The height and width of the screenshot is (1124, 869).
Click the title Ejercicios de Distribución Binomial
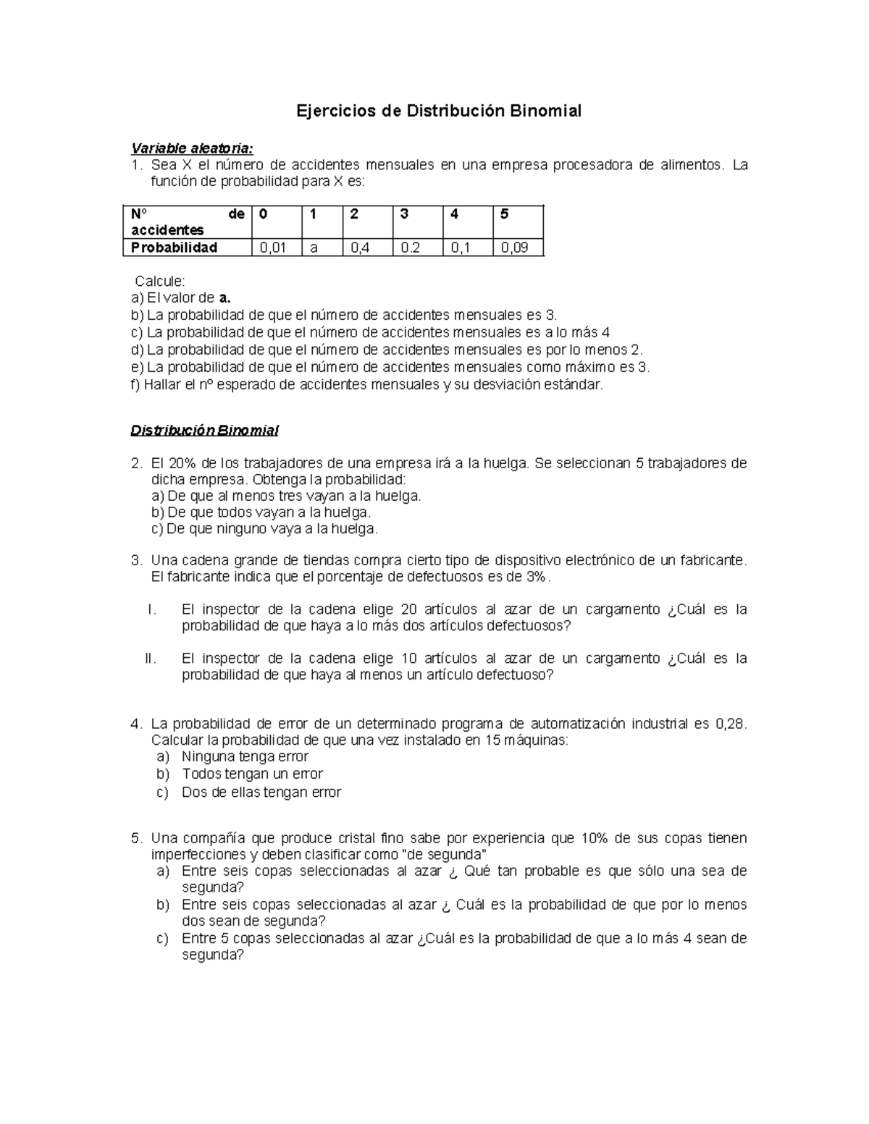439,111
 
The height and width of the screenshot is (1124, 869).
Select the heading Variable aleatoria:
192,148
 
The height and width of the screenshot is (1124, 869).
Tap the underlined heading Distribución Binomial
204,431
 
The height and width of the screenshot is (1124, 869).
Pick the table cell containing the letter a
314,248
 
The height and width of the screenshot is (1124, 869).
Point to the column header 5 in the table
505,214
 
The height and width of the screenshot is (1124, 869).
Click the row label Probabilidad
175,248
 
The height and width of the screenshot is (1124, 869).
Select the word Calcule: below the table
160,281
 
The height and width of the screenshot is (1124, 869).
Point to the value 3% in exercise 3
536,577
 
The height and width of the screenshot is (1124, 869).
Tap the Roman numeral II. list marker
151,659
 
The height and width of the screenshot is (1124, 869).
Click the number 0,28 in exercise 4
729,724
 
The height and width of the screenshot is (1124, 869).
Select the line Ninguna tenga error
245,757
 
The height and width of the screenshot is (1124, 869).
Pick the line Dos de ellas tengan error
261,793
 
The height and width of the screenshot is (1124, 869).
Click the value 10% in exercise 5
593,838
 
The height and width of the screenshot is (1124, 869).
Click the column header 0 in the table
263,214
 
